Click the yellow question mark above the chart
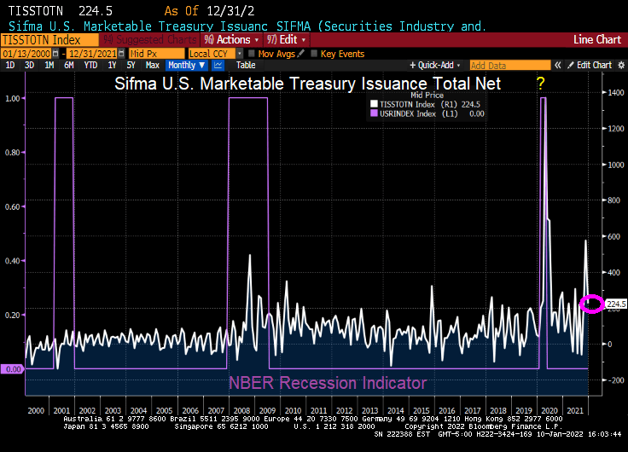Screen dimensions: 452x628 (x=539, y=83)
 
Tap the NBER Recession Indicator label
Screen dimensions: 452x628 (x=327, y=382)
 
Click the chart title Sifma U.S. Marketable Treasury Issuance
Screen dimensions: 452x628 (x=308, y=84)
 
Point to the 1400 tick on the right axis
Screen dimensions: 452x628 (x=614, y=93)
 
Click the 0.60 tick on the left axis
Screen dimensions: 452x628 (x=13, y=206)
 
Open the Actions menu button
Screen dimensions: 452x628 (x=233, y=39)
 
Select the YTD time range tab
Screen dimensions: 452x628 (x=88, y=65)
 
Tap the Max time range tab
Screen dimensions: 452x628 (x=153, y=65)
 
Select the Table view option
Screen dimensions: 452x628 (x=246, y=65)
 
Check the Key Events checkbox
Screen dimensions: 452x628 (x=313, y=53)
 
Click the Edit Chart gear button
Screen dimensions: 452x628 (x=590, y=65)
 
